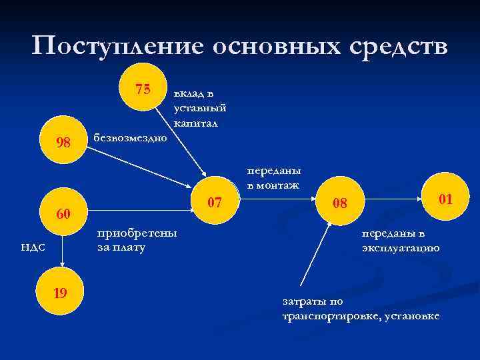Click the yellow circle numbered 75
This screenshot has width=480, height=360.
pyautogui.click(x=142, y=89)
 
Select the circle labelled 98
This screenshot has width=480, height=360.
pyautogui.click(x=63, y=142)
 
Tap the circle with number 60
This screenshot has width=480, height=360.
pyautogui.click(x=63, y=214)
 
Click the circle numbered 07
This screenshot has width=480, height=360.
pyautogui.click(x=214, y=201)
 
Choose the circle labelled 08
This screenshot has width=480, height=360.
pyautogui.click(x=340, y=203)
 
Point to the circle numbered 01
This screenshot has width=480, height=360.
pyautogui.click(x=445, y=198)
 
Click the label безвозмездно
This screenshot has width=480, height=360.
pyautogui.click(x=131, y=138)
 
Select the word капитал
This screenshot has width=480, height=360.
pyautogui.click(x=196, y=123)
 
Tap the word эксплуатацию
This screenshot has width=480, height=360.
pyautogui.click(x=400, y=248)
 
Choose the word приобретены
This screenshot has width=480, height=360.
pyautogui.click(x=137, y=233)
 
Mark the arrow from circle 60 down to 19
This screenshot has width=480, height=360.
pyautogui.click(x=62, y=253)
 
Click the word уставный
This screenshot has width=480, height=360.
pyautogui.click(x=199, y=108)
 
